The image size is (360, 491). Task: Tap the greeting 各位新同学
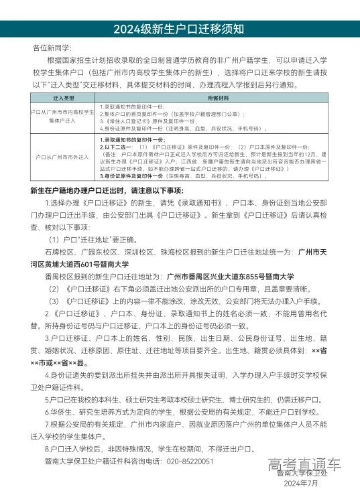[x=52, y=49]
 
